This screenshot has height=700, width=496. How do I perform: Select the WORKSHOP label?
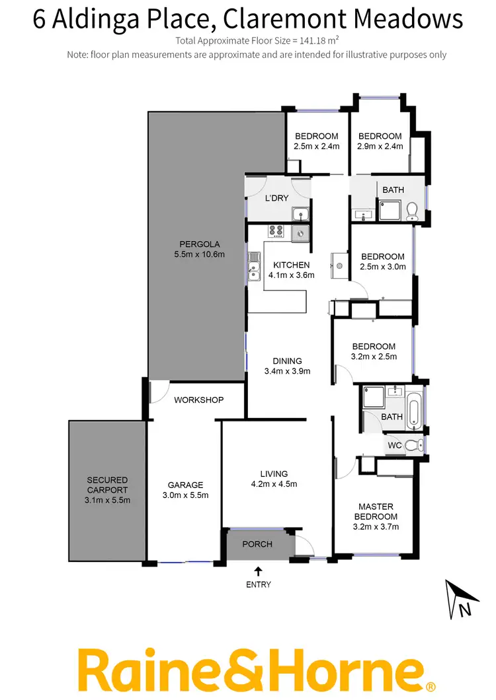coord(198,400)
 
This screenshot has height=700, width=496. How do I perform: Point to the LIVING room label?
coord(274,473)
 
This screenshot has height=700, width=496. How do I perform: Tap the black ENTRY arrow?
coord(258,571)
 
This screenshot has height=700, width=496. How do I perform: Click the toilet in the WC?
coord(413,445)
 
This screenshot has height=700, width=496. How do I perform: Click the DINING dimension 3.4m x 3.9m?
coord(287,371)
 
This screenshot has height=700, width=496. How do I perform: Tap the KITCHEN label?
coord(291,265)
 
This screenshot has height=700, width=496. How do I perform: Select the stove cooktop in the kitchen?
coord(276,231)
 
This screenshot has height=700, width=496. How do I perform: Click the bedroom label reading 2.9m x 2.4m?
coord(380,147)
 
